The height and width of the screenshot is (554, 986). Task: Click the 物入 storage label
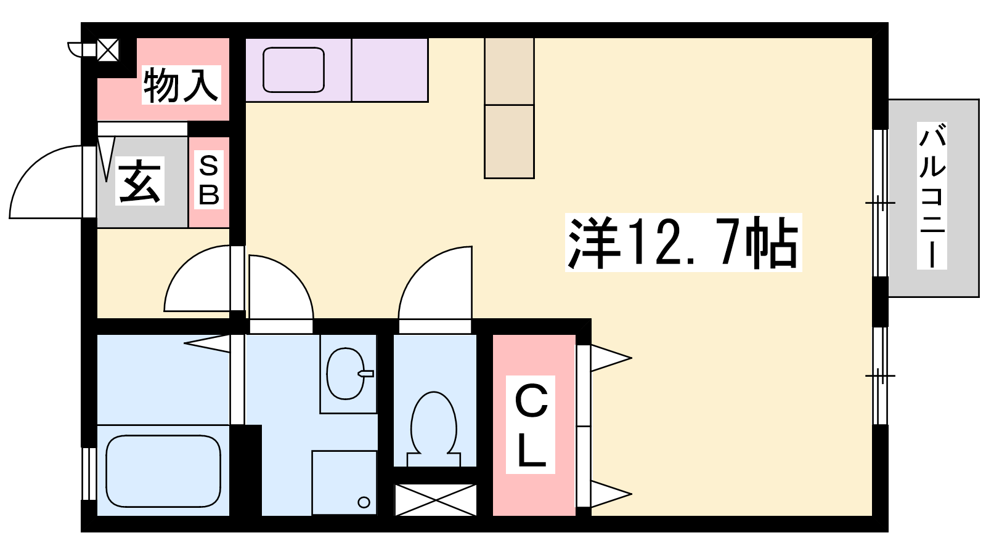point(181,85)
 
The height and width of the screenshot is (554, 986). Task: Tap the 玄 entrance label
point(139,181)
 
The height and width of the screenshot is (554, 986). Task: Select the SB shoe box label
point(209,180)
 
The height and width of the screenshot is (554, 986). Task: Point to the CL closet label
point(531,425)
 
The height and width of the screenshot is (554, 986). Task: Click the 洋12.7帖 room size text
point(683,243)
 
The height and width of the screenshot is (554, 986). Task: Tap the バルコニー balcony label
point(931,196)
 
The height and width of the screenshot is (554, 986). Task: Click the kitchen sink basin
point(293,70)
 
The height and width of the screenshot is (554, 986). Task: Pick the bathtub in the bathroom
point(163,471)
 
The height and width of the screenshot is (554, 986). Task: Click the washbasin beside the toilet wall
point(346,374)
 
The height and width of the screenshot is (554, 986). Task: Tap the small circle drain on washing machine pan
point(364,502)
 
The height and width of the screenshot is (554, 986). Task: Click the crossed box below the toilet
point(435,500)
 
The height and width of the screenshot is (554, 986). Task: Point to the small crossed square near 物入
point(108,50)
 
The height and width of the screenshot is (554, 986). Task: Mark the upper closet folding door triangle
point(611,358)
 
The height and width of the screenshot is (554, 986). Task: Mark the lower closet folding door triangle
point(611,494)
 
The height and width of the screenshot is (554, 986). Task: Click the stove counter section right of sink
point(390,70)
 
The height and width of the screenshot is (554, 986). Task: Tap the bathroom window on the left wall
point(89,474)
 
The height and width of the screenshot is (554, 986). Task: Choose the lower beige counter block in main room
point(509,142)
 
